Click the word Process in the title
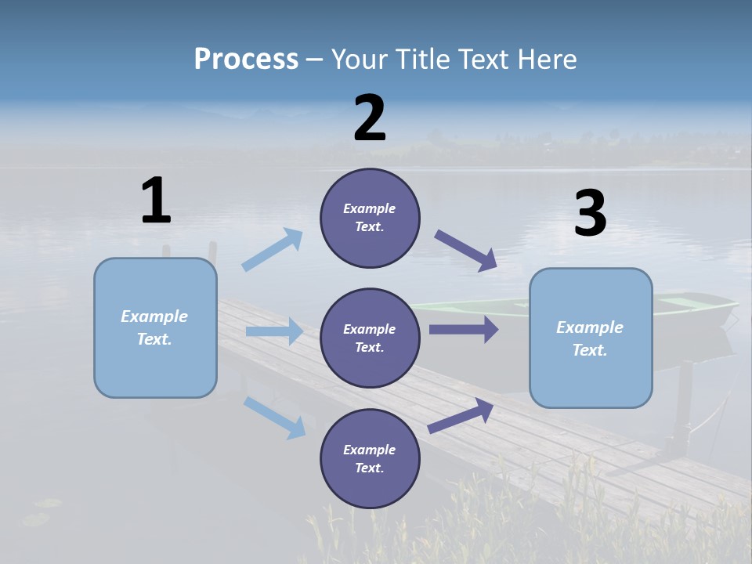[246, 60]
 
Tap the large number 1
[156, 201]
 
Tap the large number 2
[370, 118]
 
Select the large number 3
[590, 214]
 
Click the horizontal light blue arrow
[274, 331]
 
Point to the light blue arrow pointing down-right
[274, 417]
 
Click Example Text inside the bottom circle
[370, 459]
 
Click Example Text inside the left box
[155, 327]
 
